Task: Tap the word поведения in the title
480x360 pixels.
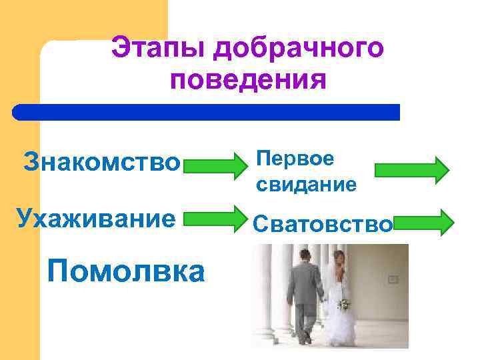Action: (x=248, y=81)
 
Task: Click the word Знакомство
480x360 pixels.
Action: (x=102, y=161)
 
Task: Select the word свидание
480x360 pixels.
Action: (x=306, y=185)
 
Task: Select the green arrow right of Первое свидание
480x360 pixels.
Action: (x=412, y=169)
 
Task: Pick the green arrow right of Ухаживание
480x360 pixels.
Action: (x=215, y=218)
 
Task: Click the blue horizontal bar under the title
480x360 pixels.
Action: (x=207, y=111)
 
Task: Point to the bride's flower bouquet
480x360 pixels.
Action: (x=343, y=305)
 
